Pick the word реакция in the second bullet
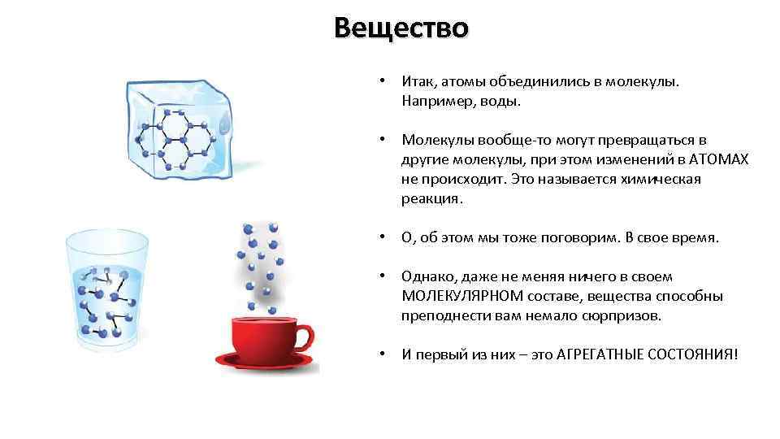(430, 198)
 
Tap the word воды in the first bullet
(496, 102)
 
